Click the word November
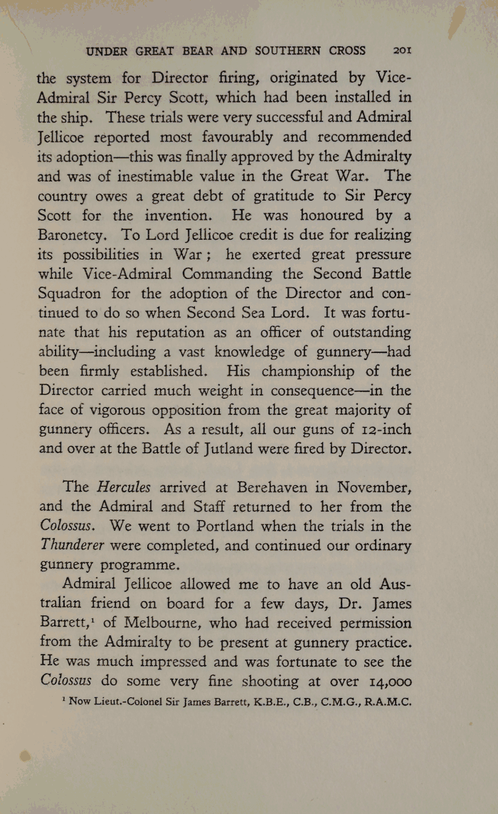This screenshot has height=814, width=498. pos(373,487)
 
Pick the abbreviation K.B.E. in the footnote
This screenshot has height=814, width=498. pos(247,702)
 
